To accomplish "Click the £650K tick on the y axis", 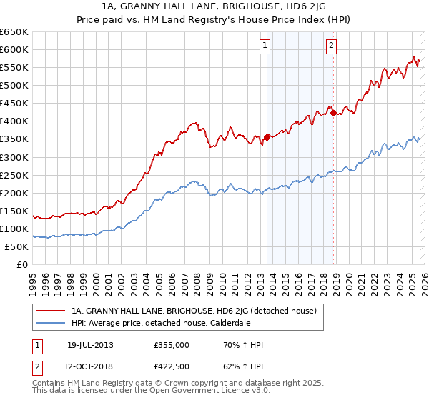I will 14,32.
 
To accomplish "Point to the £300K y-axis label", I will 14,157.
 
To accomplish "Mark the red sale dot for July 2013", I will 267,137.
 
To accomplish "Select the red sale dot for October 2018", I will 333,113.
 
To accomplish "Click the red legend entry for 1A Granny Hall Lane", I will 198,311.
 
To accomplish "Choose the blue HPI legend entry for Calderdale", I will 170,323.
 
